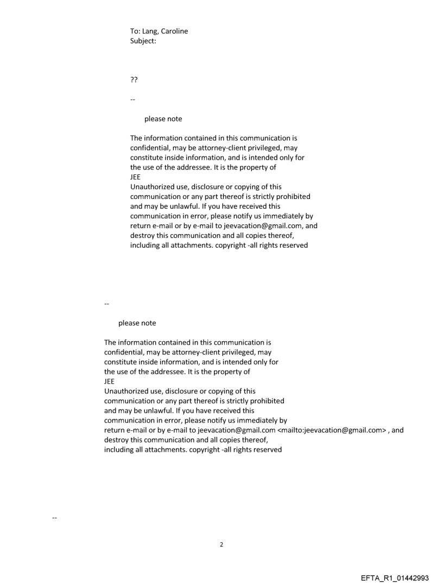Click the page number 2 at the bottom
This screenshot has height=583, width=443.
221,544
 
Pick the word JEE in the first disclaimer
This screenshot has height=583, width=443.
136,177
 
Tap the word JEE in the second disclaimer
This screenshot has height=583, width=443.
110,381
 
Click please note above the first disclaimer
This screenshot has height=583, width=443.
163,119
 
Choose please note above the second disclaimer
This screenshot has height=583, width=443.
137,323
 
